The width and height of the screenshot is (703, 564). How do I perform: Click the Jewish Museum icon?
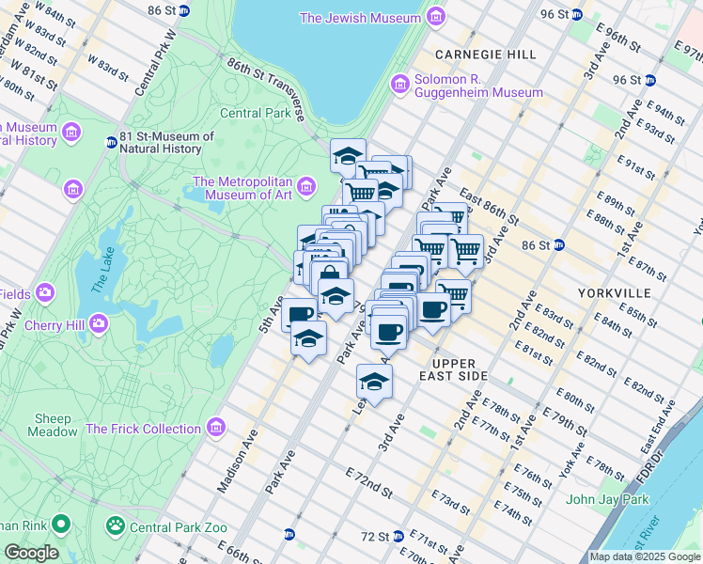(x=434, y=18)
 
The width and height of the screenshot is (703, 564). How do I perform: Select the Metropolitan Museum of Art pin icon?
(x=305, y=189)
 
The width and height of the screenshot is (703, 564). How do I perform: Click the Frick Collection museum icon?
(x=217, y=429)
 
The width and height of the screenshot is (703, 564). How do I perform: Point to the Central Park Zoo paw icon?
(x=116, y=525)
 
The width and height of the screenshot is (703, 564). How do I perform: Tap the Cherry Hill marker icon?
(x=98, y=324)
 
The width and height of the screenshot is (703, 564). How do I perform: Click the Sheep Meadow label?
(x=53, y=425)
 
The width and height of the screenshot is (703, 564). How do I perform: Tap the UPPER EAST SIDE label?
(x=459, y=369)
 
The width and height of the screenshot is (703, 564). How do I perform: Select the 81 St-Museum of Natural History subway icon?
(x=111, y=143)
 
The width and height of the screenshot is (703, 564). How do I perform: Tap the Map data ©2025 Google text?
(x=645, y=556)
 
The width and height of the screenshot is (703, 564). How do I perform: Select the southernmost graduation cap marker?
(x=373, y=382)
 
